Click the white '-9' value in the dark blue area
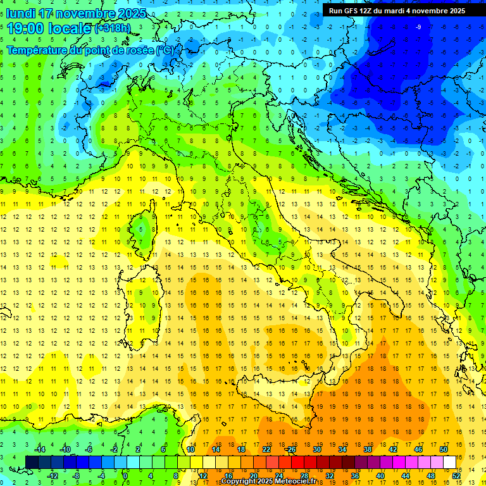coord(418,27)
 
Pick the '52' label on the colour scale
coord(456,475)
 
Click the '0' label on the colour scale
coord(126,475)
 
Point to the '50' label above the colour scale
coord(443,449)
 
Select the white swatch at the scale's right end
coord(449,462)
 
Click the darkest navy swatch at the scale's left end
coord(32,462)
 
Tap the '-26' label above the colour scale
coord(290,449)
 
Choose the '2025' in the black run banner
coord(454,11)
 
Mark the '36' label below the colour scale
coord(354,475)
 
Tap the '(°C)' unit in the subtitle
coord(165,49)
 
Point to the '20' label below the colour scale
coord(253,475)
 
